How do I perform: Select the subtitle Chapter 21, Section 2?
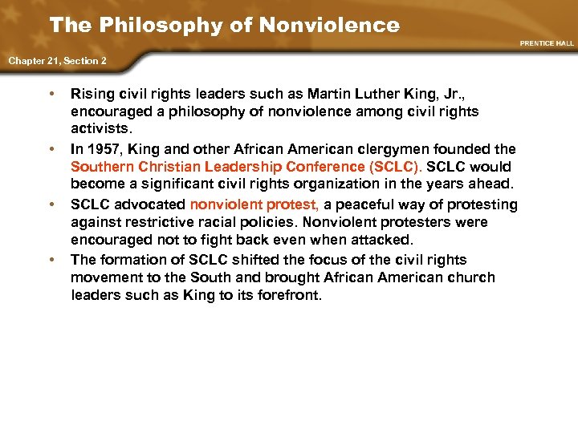point(58,60)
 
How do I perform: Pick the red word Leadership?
point(238,168)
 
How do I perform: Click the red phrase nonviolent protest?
point(254,204)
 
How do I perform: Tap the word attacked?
point(383,241)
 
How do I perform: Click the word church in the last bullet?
point(474,277)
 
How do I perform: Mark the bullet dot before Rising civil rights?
point(52,94)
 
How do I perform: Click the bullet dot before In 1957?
point(52,149)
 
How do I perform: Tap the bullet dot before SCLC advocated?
point(52,204)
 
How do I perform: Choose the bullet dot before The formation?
point(52,260)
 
